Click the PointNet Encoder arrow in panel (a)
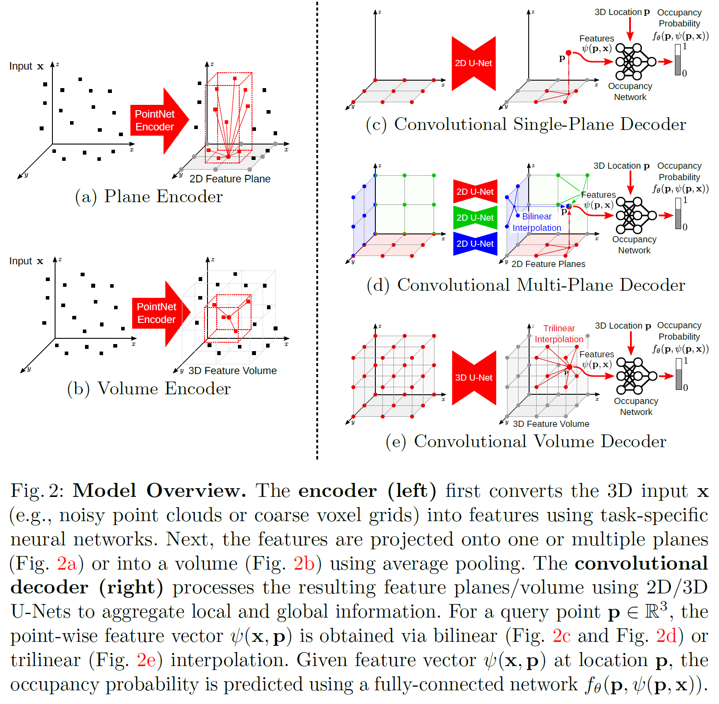[x=156, y=120]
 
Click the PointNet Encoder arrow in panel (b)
[x=158, y=313]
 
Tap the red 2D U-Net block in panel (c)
[x=474, y=63]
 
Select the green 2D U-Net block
[x=475, y=218]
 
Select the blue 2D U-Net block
[x=475, y=244]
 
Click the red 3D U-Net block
[x=474, y=378]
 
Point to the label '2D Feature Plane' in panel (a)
[x=230, y=179]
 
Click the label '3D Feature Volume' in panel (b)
[x=232, y=371]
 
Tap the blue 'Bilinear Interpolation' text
[x=537, y=222]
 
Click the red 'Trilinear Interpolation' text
[x=559, y=333]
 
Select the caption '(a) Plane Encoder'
[x=149, y=196]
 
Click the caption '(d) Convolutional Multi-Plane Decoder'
[x=526, y=285]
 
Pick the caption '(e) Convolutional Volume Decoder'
[x=526, y=441]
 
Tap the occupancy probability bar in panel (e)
[x=679, y=374]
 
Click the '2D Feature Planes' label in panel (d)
[x=548, y=264]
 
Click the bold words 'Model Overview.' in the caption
[x=159, y=490]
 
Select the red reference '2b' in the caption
[x=304, y=563]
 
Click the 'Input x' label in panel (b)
[x=26, y=261]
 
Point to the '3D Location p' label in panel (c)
[x=622, y=12]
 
